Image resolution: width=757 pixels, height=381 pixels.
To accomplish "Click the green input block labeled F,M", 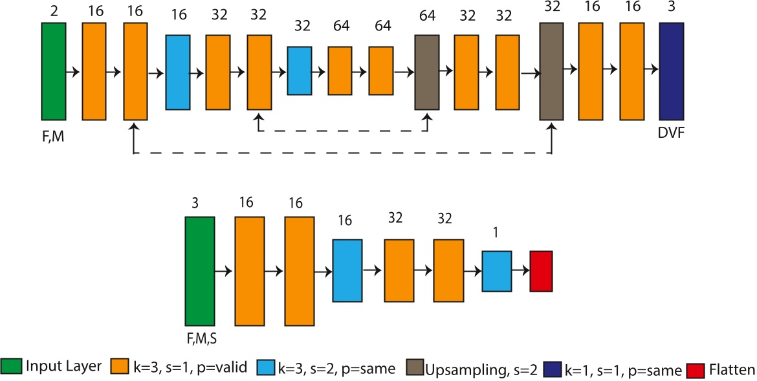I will tap(53, 71).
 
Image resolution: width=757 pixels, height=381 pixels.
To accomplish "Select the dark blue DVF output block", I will tap(672, 71).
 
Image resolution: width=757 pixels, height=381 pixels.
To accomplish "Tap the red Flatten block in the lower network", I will tap(541, 271).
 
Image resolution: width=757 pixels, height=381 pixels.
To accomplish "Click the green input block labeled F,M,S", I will tap(199, 271).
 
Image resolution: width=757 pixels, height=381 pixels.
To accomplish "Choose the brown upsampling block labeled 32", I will tap(551, 71).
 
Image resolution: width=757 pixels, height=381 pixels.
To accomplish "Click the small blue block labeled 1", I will tap(497, 271).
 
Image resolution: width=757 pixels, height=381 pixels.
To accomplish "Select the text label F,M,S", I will tap(200, 338).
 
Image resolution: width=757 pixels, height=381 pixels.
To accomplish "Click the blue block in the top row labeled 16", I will tap(177, 71).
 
